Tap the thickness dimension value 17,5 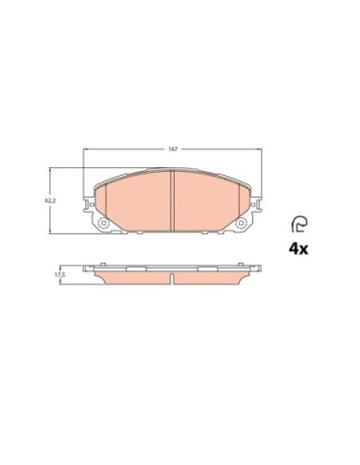click(60, 277)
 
